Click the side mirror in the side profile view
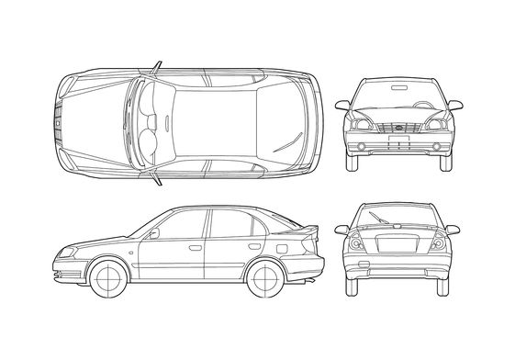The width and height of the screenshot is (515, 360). (153, 233)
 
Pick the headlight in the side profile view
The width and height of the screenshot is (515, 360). (67, 253)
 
